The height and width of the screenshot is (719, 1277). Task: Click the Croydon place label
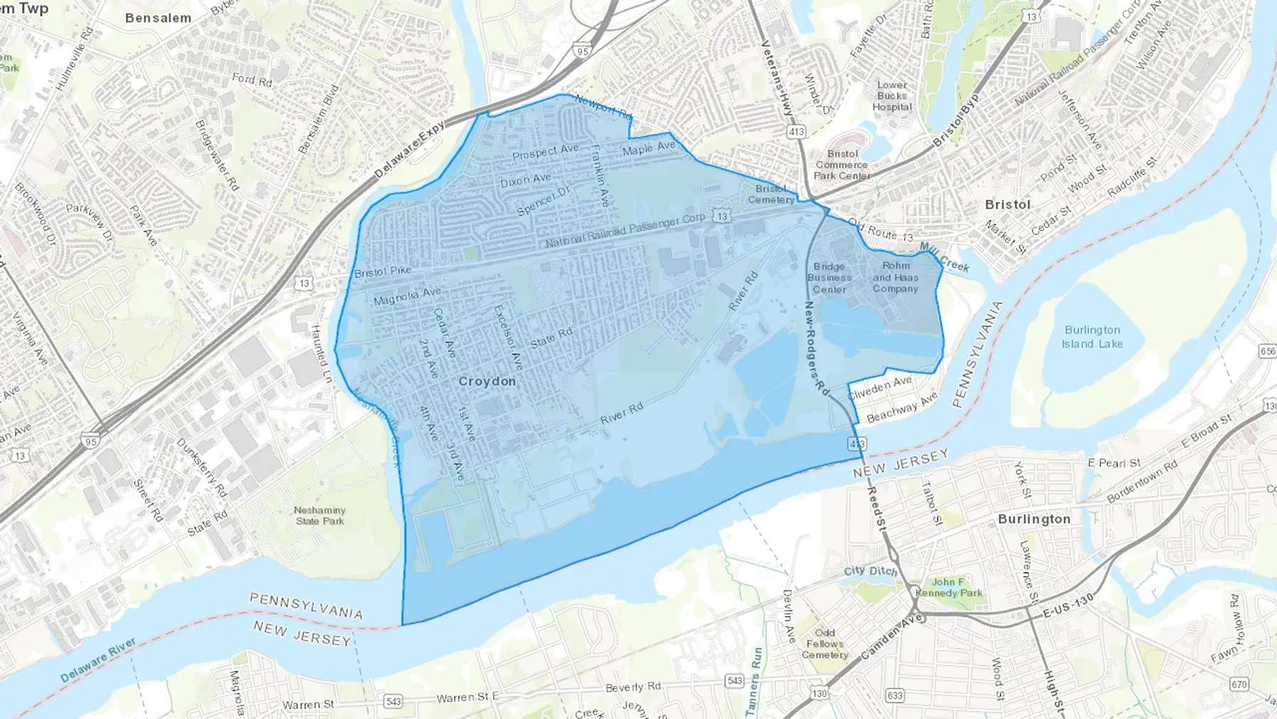click(x=487, y=381)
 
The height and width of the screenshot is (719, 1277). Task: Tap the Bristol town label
click(x=1007, y=204)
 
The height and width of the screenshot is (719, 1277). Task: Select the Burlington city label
click(x=1034, y=519)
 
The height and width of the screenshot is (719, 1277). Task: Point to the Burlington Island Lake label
click(x=1092, y=337)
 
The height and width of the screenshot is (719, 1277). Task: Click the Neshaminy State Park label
click(x=320, y=515)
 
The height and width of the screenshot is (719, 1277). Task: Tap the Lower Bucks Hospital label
click(x=892, y=96)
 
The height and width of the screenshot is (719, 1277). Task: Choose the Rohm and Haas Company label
click(x=895, y=278)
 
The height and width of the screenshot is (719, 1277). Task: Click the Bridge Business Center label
click(x=829, y=278)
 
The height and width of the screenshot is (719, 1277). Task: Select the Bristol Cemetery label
click(x=771, y=194)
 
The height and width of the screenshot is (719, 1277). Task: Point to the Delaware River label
click(x=98, y=660)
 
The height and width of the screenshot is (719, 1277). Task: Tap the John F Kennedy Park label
click(x=949, y=588)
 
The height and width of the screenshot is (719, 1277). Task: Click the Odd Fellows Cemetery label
click(x=824, y=644)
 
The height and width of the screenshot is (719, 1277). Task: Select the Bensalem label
click(x=158, y=18)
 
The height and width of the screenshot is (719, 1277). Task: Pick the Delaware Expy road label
click(x=409, y=149)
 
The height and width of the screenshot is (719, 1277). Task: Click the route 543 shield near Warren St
click(x=393, y=701)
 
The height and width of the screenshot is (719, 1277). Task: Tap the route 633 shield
click(x=895, y=695)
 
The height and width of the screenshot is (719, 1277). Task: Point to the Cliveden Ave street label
click(x=880, y=388)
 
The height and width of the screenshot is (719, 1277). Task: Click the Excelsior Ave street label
click(x=508, y=338)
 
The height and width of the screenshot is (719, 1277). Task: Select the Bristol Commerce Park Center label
click(x=842, y=165)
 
